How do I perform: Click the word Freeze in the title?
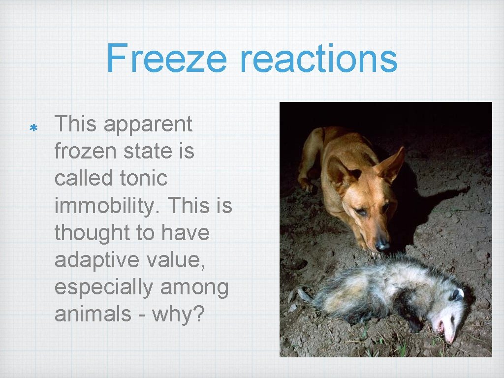[166, 58]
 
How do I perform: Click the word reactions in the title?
[318, 58]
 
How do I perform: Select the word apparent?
[148, 125]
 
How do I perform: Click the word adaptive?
[90, 259]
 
